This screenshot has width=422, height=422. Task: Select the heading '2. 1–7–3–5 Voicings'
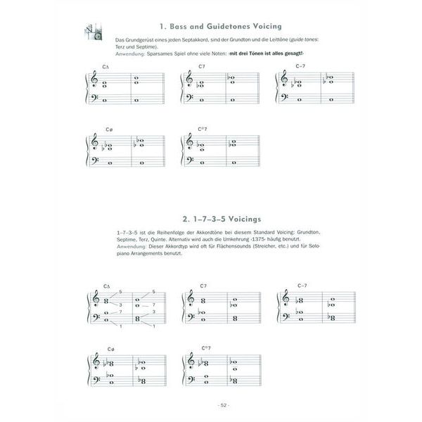[x=210, y=219]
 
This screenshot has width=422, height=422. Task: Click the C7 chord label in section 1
[x=201, y=67]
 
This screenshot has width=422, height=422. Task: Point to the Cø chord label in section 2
[x=110, y=350]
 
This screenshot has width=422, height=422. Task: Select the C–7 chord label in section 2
[x=302, y=286]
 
